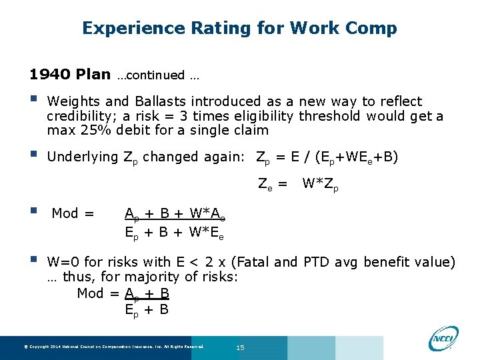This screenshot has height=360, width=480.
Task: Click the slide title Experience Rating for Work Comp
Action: pos(239,28)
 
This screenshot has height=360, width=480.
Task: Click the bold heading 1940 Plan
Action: pos(70,75)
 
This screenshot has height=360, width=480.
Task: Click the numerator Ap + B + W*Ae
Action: pos(175,214)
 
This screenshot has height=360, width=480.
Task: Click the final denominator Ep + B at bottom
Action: pos(147,310)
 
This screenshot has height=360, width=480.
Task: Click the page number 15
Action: pos(241,347)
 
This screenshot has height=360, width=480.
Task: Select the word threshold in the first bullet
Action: pos(330,116)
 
